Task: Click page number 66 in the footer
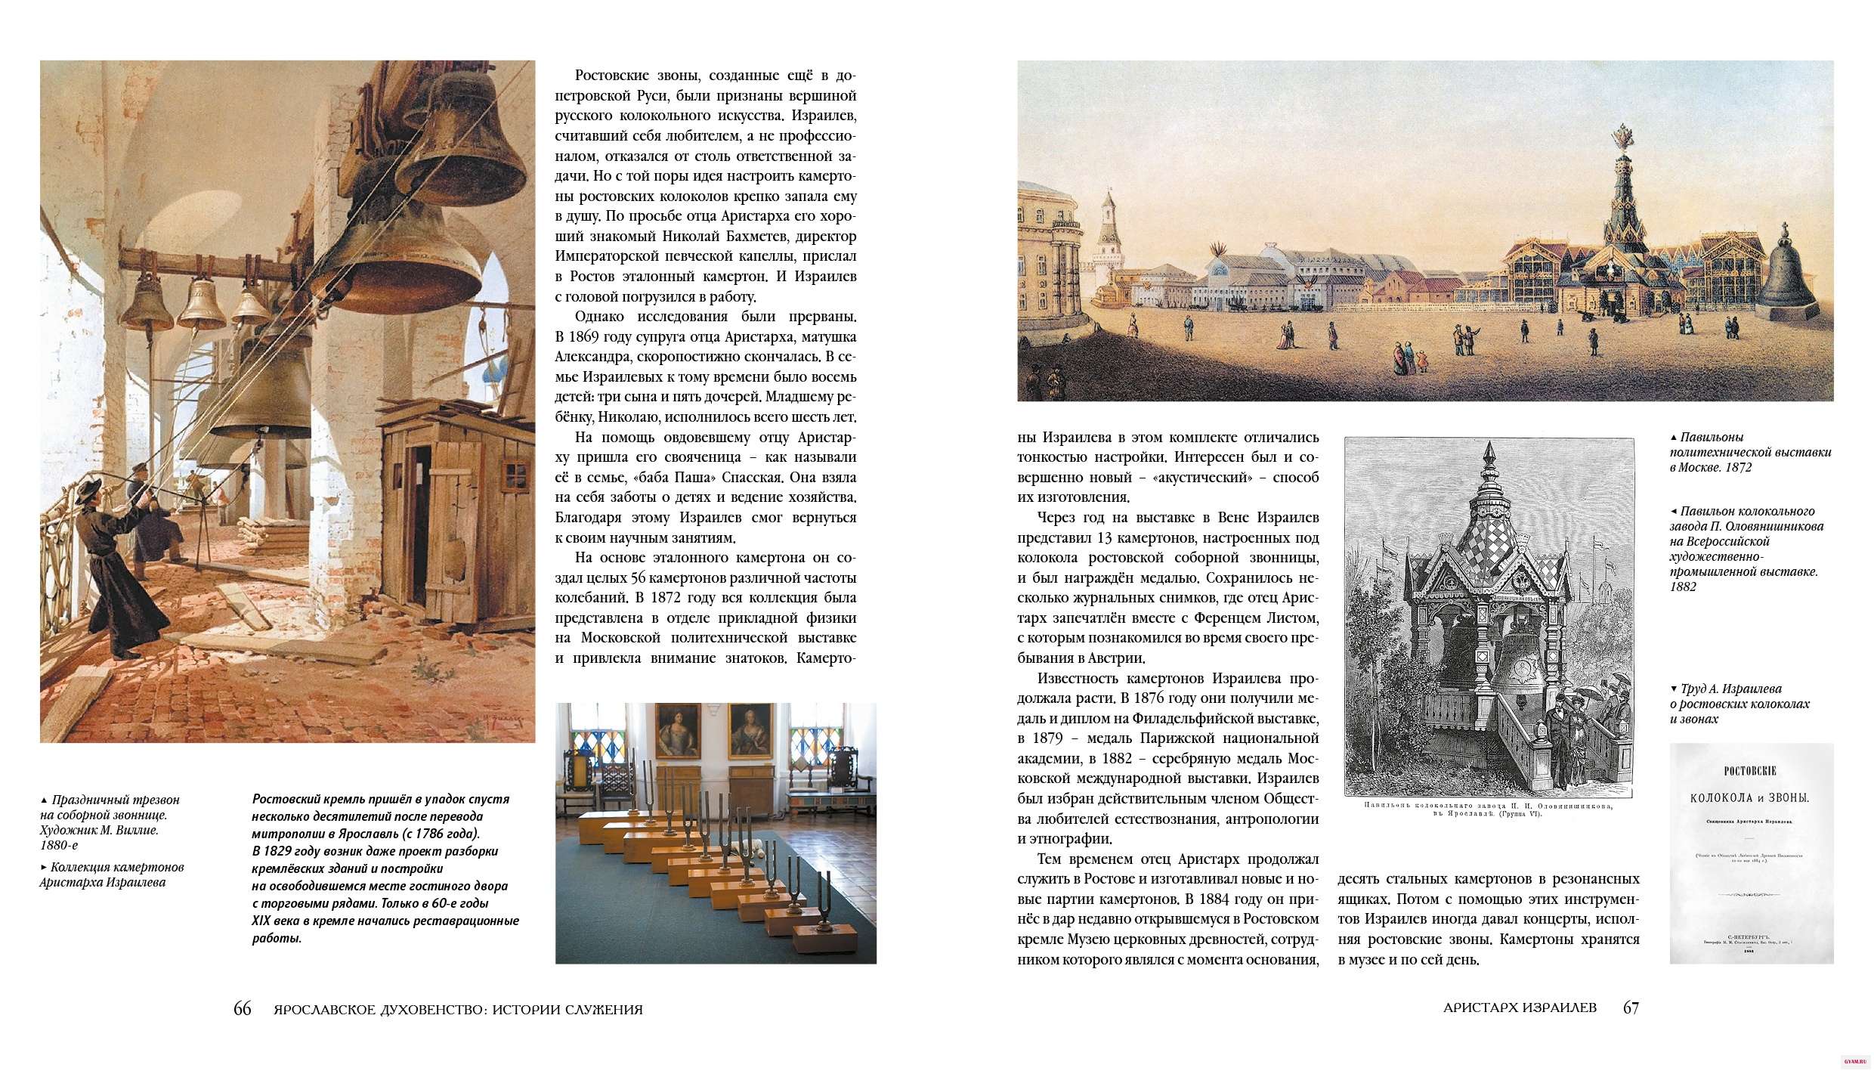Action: click(x=242, y=1008)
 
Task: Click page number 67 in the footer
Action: click(x=1631, y=1008)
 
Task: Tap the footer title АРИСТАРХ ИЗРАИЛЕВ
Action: click(x=1520, y=1008)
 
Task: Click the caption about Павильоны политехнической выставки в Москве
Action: click(x=1750, y=452)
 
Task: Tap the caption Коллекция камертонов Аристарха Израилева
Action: click(x=112, y=874)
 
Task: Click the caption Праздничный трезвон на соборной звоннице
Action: click(x=110, y=822)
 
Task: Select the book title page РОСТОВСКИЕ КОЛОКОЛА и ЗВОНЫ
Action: click(x=1751, y=853)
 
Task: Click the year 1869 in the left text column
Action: click(x=601, y=336)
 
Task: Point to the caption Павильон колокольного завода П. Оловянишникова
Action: click(x=1746, y=549)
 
